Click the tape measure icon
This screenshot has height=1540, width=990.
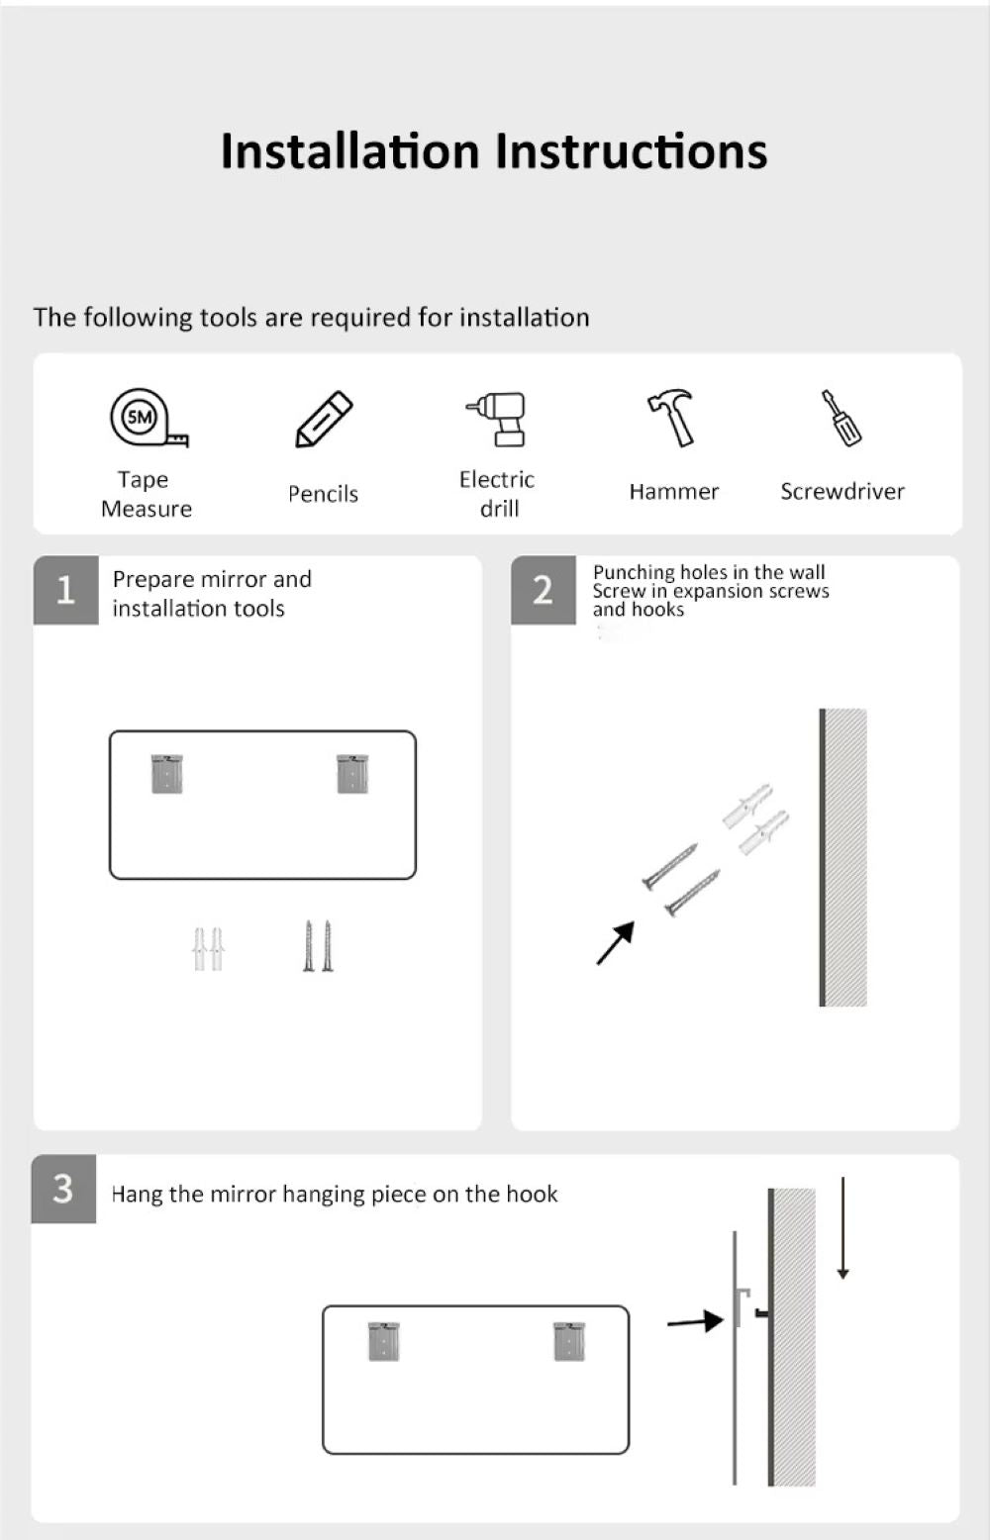click(x=149, y=417)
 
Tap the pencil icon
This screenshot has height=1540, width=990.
click(x=324, y=420)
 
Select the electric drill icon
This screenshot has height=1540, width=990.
click(x=496, y=420)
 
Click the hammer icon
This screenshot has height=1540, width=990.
click(x=671, y=418)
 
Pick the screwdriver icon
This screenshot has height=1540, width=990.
click(x=841, y=418)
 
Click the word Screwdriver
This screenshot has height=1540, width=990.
click(x=842, y=492)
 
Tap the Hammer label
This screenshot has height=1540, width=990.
click(x=674, y=492)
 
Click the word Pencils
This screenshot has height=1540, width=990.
click(x=323, y=494)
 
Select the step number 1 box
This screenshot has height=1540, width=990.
click(x=66, y=590)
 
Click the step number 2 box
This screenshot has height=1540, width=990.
click(x=544, y=590)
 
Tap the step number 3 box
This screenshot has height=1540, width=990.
click(x=63, y=1189)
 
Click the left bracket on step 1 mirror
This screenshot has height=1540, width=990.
click(x=167, y=774)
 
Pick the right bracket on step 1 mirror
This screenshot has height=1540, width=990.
click(x=352, y=774)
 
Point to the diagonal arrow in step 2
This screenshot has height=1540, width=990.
click(x=616, y=943)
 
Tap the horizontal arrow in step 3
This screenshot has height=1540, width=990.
click(x=695, y=1320)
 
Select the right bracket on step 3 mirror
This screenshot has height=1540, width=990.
click(x=569, y=1341)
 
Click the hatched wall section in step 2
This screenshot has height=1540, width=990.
click(x=845, y=857)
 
